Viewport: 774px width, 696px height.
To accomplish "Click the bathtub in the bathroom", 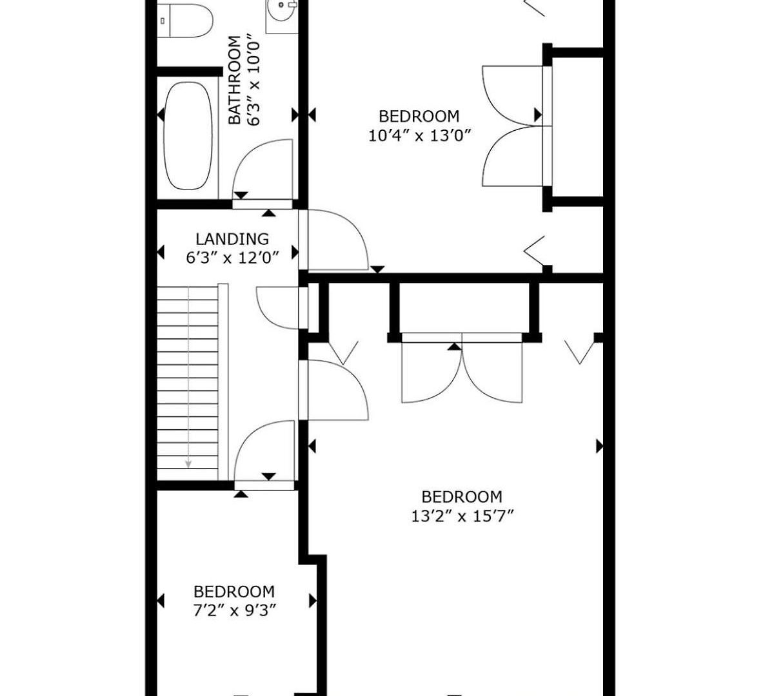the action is tap(188, 136).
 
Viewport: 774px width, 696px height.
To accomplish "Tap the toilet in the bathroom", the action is tap(185, 20).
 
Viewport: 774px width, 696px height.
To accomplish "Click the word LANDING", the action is tap(232, 239).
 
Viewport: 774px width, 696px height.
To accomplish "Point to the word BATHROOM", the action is tap(235, 80).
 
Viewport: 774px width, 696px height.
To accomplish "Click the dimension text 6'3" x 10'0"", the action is tap(253, 79).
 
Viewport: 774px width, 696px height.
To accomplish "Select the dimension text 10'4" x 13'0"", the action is tap(420, 136).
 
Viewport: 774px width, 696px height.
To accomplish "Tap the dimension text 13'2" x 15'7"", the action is tap(462, 516).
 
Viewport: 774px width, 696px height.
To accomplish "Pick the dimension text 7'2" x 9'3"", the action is tap(235, 610).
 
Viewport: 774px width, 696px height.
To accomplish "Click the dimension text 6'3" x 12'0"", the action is tap(232, 258).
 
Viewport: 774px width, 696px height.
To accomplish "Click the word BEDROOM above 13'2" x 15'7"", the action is tap(462, 497).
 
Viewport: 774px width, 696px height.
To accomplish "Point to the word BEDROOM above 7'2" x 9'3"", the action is tap(234, 592).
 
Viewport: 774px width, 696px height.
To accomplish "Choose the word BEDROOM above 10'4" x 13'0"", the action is tap(419, 117).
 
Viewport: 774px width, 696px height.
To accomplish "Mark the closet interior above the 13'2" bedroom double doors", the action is tap(464, 308).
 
